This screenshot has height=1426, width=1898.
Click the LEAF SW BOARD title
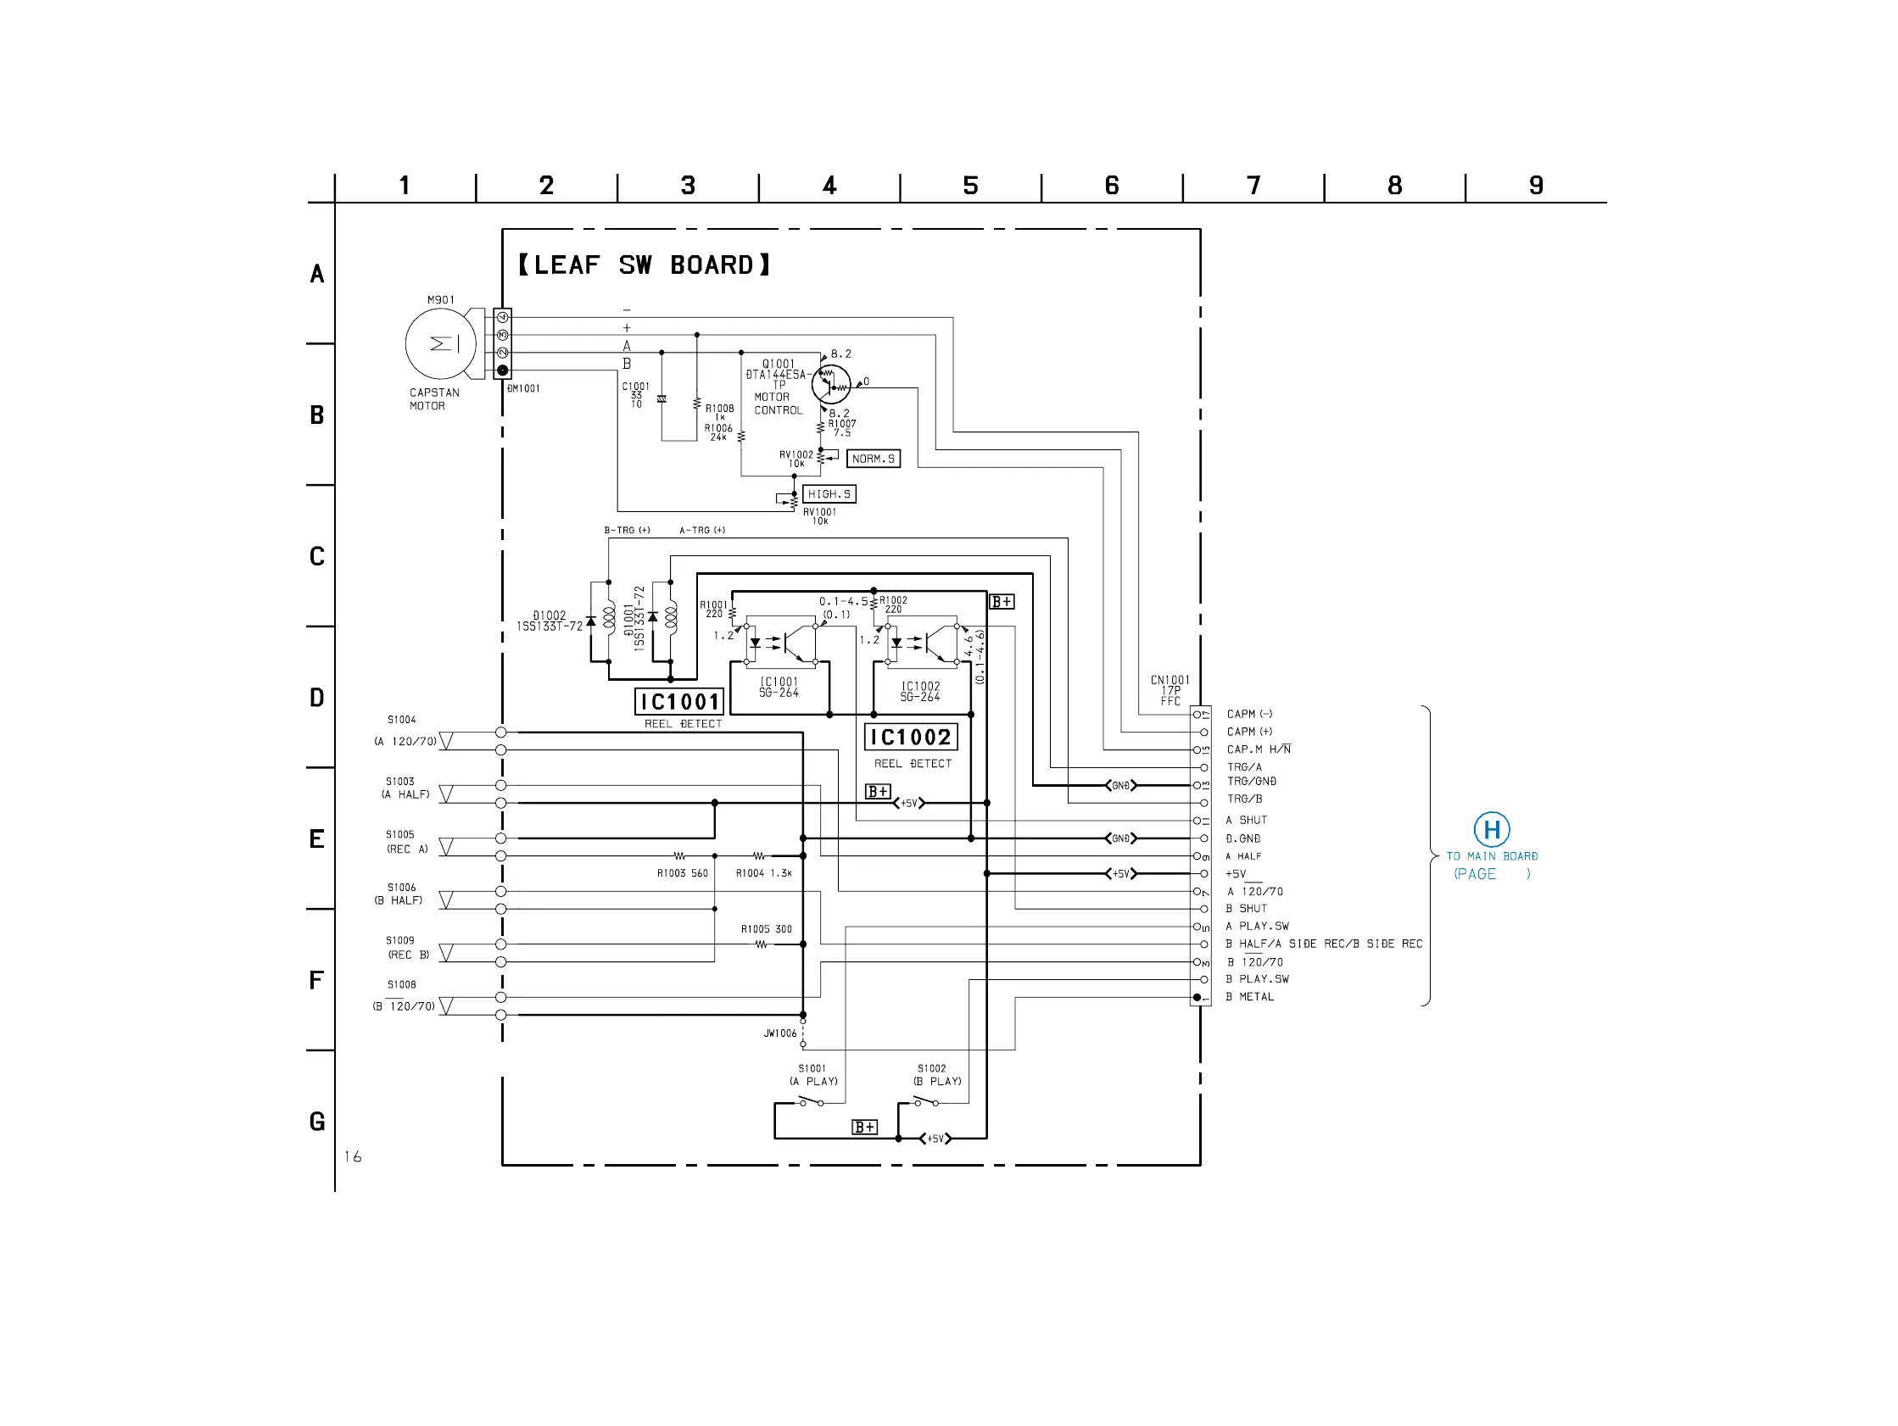(x=644, y=265)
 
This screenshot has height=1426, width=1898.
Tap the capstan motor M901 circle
(x=440, y=344)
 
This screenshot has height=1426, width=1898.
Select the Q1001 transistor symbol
(x=830, y=384)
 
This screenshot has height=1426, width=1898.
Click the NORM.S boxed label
(x=873, y=459)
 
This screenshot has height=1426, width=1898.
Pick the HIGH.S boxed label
(x=829, y=494)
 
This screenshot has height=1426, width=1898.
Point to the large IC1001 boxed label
(x=679, y=702)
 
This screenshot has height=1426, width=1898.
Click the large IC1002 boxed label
(x=910, y=737)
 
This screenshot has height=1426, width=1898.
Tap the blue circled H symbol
(x=1491, y=830)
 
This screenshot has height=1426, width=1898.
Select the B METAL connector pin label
(x=1249, y=997)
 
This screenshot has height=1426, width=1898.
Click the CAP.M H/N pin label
(x=1258, y=750)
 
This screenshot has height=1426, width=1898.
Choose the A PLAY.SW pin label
(x=1257, y=927)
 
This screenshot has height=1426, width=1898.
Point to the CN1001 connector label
(x=1170, y=690)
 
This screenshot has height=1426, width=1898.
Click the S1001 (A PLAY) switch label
(x=812, y=1075)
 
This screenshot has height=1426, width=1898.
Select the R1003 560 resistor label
(x=682, y=873)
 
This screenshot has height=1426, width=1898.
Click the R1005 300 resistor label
(x=766, y=929)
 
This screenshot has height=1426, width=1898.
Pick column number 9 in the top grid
(x=1536, y=186)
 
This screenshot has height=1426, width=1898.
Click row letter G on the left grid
(x=317, y=1122)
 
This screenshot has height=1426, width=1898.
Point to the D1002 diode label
(x=550, y=621)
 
